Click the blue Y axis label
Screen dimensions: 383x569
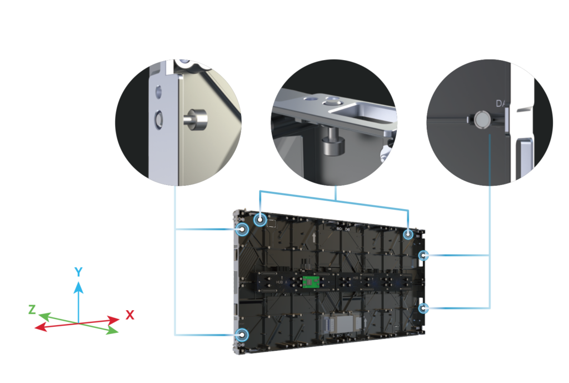pyautogui.click(x=79, y=272)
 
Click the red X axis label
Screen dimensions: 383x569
pyautogui.click(x=129, y=315)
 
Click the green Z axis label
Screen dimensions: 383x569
pyautogui.click(x=32, y=309)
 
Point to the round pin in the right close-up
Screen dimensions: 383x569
pyautogui.click(x=481, y=118)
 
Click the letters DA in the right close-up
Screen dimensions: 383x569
pyautogui.click(x=501, y=103)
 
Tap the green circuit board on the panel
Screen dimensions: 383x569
pyautogui.click(x=310, y=282)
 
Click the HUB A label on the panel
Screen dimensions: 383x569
pyautogui.click(x=280, y=282)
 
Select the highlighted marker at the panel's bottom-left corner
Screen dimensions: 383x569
pyautogui.click(x=242, y=335)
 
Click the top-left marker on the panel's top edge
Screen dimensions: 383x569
pyautogui.click(x=260, y=220)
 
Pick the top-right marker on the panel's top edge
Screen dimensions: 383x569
pyautogui.click(x=409, y=235)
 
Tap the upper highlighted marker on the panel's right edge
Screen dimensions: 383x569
pyautogui.click(x=424, y=256)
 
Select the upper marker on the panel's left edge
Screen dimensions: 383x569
pyautogui.click(x=242, y=230)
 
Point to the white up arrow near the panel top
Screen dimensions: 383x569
pyautogui.click(x=315, y=237)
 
